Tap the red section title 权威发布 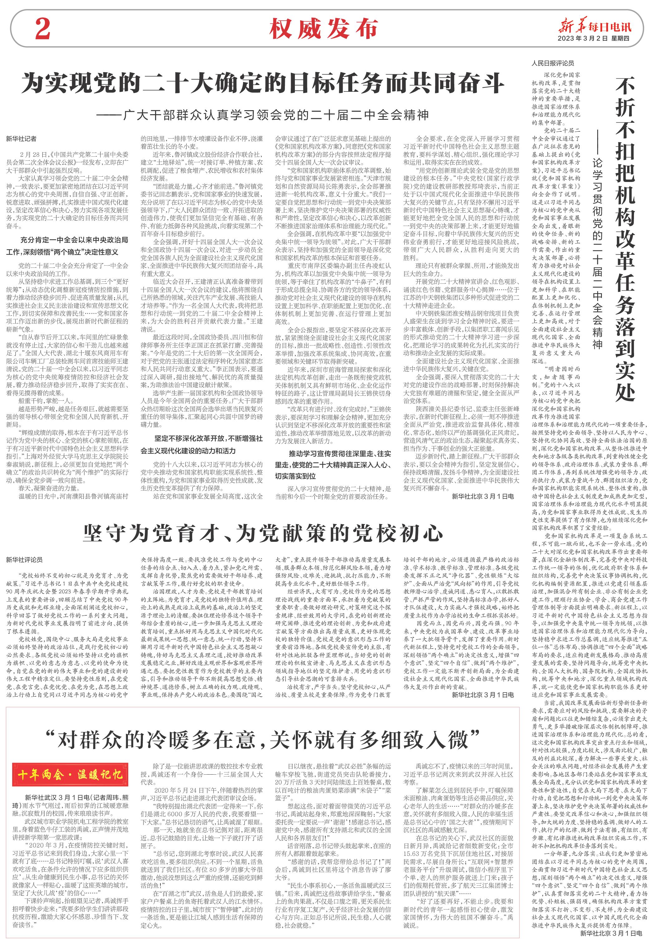pyautogui.click(x=323, y=29)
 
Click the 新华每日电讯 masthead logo pyautogui.click(x=595, y=26)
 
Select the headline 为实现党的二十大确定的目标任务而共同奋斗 pyautogui.click(x=262, y=83)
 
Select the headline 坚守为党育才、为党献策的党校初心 pyautogui.click(x=262, y=533)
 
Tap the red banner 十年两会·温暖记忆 pyautogui.click(x=70, y=774)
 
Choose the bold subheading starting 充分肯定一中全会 pyautogui.click(x=68, y=246)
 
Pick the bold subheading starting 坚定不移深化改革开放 pyautogui.click(x=202, y=444)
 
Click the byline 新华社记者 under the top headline pyautogui.click(x=21, y=139)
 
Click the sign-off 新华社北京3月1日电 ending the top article pyautogui.click(x=483, y=496)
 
